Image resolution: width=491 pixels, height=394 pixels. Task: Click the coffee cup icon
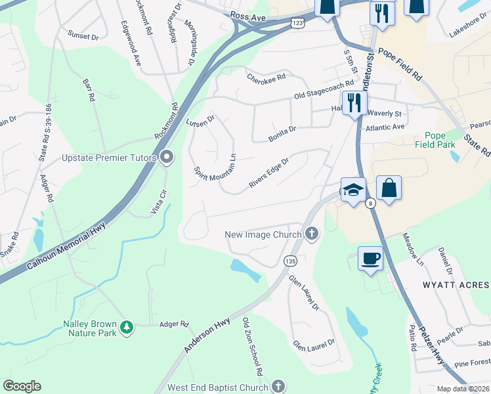(370, 257)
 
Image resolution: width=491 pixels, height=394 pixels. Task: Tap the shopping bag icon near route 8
(389, 187)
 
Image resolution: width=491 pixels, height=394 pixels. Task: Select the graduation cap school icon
(353, 190)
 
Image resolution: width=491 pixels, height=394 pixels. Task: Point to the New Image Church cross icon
(312, 234)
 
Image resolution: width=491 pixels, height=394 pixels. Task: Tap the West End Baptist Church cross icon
(278, 387)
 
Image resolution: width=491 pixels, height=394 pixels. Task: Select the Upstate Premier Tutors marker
(166, 158)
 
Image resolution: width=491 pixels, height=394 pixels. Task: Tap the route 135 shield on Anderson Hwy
(289, 261)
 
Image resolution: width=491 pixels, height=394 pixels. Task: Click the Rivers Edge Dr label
(269, 173)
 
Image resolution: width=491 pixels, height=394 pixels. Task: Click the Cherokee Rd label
(266, 77)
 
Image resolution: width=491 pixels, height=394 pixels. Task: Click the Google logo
(22, 386)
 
